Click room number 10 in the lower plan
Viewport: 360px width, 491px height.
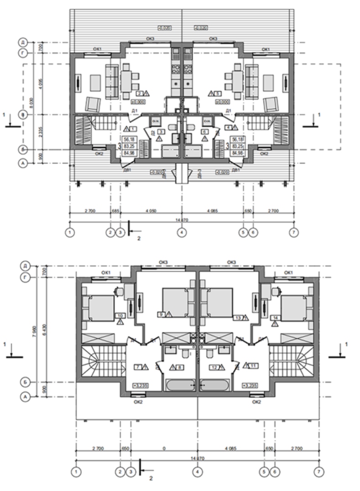click(120, 315)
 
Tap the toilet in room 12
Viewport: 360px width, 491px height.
click(210, 353)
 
